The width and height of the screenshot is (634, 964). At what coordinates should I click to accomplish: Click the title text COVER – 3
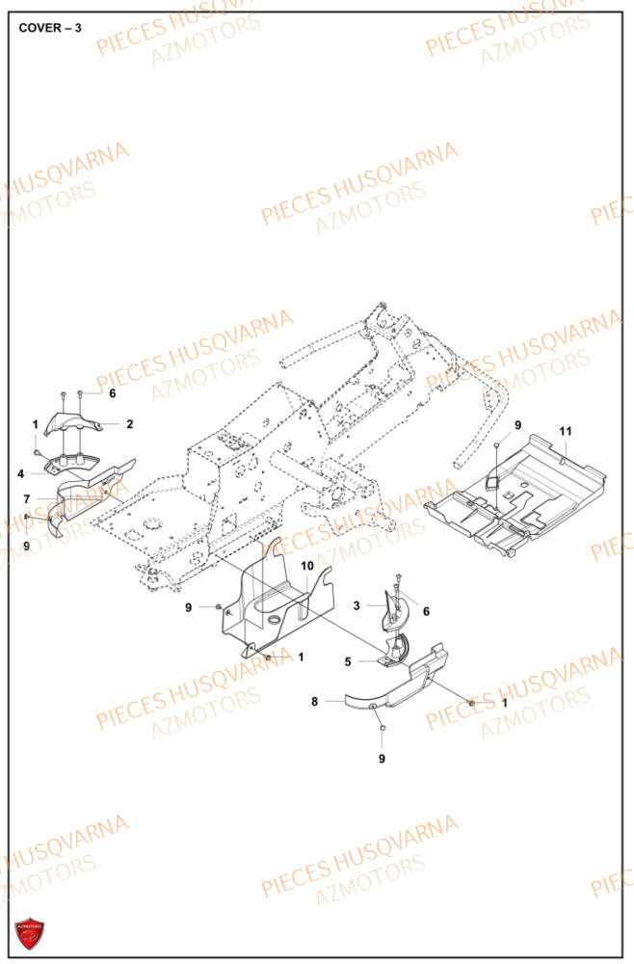50,27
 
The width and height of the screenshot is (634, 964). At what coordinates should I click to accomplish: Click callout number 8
314,703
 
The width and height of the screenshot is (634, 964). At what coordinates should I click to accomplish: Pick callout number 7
28,498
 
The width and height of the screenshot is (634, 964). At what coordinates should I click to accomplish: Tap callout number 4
19,473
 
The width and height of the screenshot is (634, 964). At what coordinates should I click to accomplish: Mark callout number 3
357,605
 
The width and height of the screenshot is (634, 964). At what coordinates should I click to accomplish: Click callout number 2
129,423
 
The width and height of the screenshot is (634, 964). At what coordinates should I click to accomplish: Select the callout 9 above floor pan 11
516,424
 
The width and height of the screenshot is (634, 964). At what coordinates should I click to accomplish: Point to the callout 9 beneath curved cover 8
383,759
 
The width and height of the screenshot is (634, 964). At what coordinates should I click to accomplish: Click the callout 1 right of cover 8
505,703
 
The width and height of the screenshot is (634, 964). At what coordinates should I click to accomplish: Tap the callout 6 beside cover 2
112,393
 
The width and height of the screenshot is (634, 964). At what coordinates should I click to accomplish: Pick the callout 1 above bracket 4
36,423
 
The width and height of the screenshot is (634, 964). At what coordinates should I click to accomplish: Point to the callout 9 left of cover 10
190,606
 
